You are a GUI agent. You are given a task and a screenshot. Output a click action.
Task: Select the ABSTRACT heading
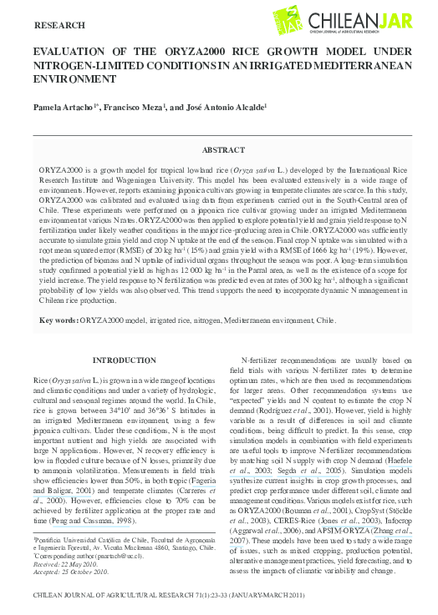pyautogui.click(x=224, y=150)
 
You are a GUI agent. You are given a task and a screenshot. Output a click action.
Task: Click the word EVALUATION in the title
pyautogui.click(x=70, y=52)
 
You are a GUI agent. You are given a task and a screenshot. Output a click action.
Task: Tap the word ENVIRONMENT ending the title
pyautogui.click(x=74, y=79)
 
